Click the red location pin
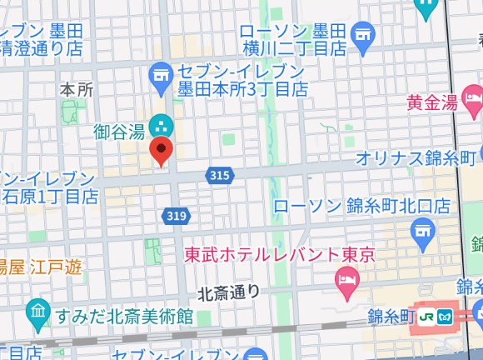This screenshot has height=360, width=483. click(x=161, y=151)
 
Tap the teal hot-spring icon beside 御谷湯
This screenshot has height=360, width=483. click(x=162, y=127)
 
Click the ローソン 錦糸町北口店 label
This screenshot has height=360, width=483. click(x=361, y=205)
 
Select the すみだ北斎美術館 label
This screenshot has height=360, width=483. click(x=124, y=317)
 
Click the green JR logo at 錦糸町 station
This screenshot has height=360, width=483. click(x=427, y=316)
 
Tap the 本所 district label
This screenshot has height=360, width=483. click(x=77, y=88)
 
